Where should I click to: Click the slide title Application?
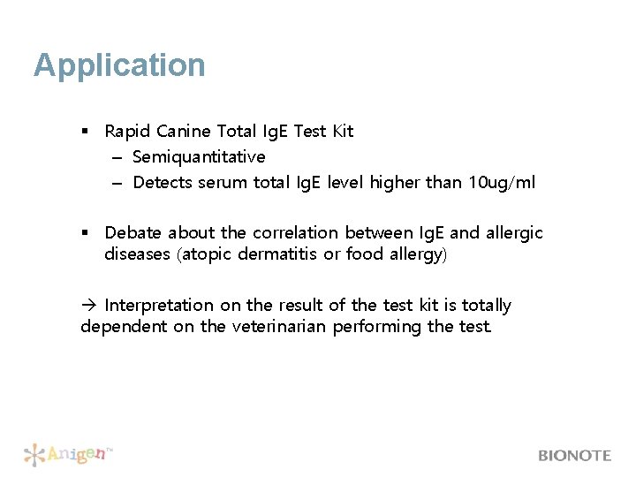coord(119,65)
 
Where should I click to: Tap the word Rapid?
coord(127,132)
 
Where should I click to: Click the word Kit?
coord(342,132)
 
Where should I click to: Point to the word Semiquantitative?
coord(199,157)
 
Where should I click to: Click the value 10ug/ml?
coord(501,183)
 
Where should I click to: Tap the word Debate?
coord(133,233)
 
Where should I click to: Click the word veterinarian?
coord(277,327)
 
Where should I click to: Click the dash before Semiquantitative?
coord(117,157)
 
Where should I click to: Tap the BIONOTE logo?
coord(574,456)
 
